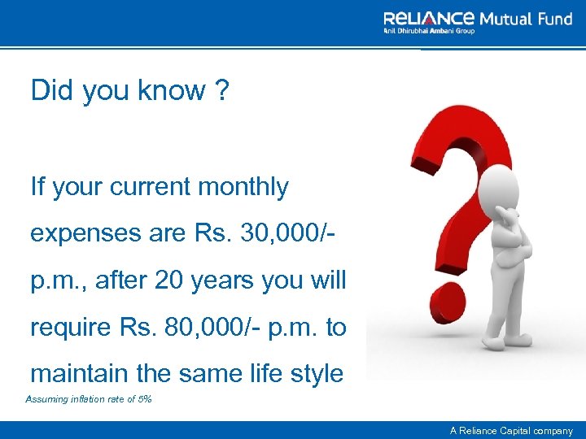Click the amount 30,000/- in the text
pyautogui.click(x=284, y=233)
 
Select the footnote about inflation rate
pyautogui.click(x=89, y=399)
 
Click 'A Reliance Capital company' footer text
pyautogui.click(x=512, y=431)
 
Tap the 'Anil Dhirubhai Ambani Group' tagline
pyautogui.click(x=429, y=32)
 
